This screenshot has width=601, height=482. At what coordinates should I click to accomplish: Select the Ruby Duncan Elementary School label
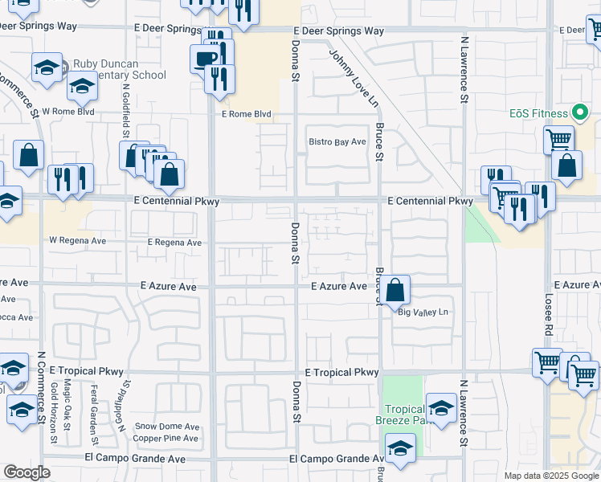pyautogui.click(x=119, y=70)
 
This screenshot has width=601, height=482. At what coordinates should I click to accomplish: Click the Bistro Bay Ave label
pyautogui.click(x=337, y=142)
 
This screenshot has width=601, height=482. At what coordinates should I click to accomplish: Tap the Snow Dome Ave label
pyautogui.click(x=167, y=427)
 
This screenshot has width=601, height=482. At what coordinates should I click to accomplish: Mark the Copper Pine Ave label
pyautogui.click(x=166, y=439)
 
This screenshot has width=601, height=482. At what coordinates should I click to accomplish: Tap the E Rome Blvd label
pyautogui.click(x=247, y=114)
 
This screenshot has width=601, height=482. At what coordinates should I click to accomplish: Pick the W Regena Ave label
pyautogui.click(x=77, y=240)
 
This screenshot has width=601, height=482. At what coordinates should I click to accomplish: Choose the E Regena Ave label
pyautogui.click(x=174, y=242)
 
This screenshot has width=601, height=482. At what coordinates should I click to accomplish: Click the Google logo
pyautogui.click(x=27, y=472)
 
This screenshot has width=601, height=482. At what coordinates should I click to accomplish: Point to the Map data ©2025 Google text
pyautogui.click(x=551, y=476)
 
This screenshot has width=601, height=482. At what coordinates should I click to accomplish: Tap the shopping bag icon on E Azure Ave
pyautogui.click(x=395, y=290)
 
